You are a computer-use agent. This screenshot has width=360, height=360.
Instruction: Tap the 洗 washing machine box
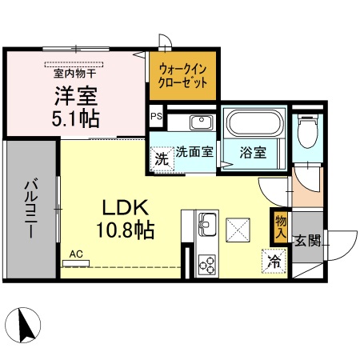click(162, 158)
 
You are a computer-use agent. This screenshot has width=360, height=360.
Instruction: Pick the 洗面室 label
click(194, 153)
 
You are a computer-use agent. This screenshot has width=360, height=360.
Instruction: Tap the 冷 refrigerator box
click(274, 260)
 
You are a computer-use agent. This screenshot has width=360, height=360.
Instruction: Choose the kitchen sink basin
click(205, 222)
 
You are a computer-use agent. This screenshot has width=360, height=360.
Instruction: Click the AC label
click(76, 254)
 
